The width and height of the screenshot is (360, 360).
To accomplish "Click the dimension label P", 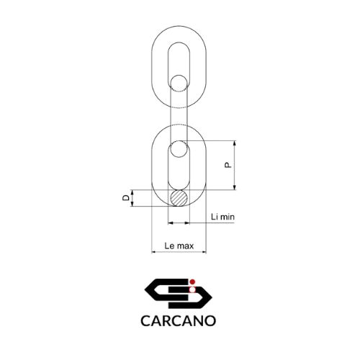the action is [228, 165].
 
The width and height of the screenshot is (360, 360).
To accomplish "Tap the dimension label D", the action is [126, 198].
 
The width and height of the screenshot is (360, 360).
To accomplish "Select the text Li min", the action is [222, 217].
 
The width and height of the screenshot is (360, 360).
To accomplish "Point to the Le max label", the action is [179, 246].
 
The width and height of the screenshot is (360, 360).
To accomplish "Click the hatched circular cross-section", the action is [179, 198].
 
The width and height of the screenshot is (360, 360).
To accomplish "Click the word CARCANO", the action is [179, 320].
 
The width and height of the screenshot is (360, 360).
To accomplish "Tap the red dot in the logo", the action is [192, 282].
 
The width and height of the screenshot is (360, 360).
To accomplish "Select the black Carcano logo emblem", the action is [178, 293].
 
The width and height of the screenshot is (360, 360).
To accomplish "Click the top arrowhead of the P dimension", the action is [235, 143].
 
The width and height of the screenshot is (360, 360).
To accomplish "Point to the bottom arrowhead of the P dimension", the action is [235, 187].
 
